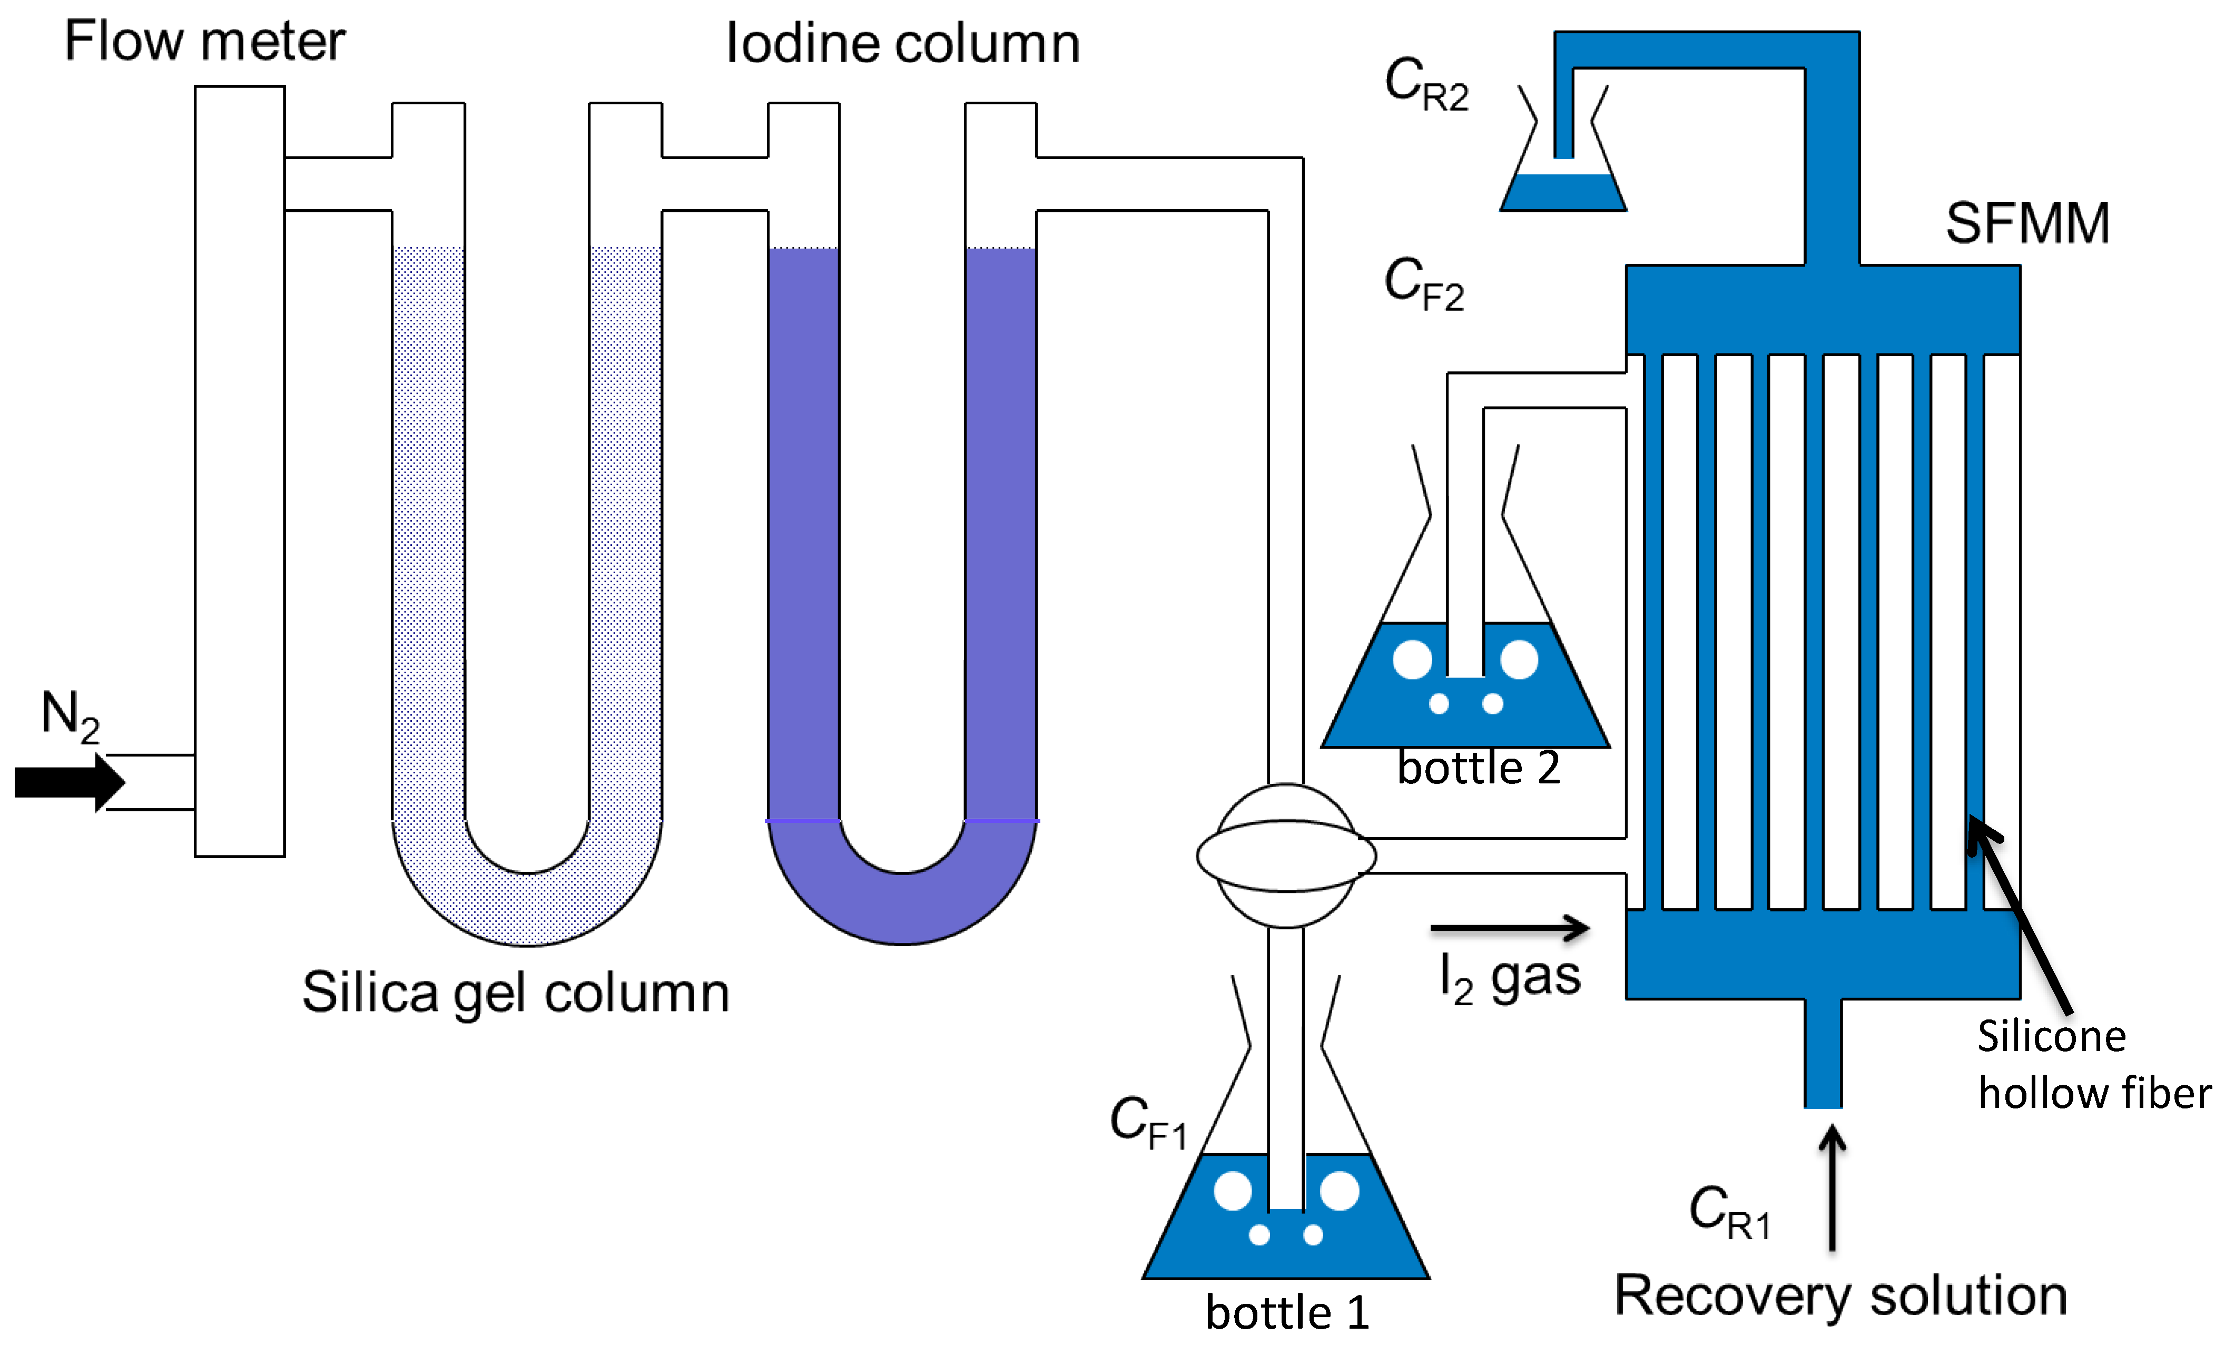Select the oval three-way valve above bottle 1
pos(1286,855)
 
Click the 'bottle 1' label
pos(1287,1312)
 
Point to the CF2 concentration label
pos(1423,283)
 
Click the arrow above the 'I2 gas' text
pos(1510,928)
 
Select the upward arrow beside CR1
pos(1832,1188)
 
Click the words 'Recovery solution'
pos(1840,1295)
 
